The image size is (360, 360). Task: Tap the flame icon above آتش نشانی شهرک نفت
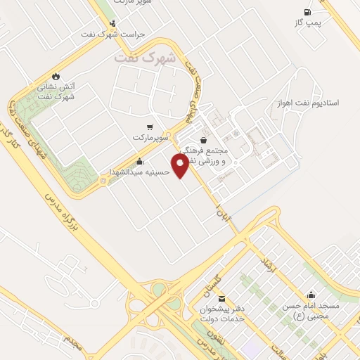(x=56, y=75)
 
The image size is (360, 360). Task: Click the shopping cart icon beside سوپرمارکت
(x=149, y=127)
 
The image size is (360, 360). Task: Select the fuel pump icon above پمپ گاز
(x=307, y=12)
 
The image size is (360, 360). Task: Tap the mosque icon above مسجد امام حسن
(x=311, y=295)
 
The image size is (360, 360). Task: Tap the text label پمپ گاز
(x=307, y=24)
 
